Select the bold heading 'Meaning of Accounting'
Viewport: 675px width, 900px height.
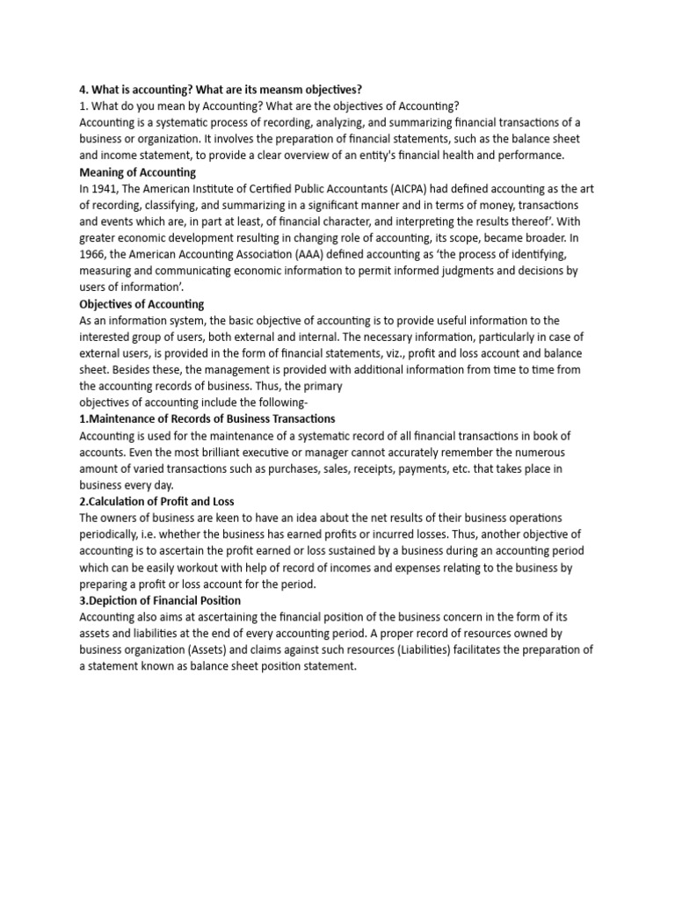137,172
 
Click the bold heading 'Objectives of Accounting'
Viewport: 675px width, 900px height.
142,304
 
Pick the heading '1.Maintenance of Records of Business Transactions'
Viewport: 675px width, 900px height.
207,419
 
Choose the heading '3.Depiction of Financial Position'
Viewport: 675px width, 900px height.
159,600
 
